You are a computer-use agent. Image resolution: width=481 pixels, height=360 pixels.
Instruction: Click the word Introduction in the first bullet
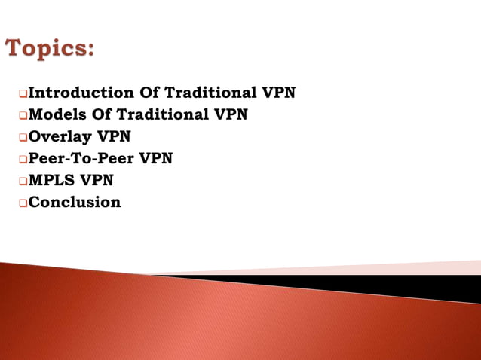click(81, 93)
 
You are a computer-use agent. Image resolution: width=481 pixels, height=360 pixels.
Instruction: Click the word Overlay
click(60, 137)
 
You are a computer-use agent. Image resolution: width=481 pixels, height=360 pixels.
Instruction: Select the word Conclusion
click(74, 202)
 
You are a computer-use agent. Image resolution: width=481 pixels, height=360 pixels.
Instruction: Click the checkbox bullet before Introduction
click(23, 94)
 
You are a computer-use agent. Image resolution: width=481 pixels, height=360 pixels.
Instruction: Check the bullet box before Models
click(23, 116)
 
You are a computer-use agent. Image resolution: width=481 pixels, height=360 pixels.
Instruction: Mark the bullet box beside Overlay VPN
click(23, 138)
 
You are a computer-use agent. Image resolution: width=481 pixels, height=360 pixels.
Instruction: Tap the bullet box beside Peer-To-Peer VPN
click(23, 160)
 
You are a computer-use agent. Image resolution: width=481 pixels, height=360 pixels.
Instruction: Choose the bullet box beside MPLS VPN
click(23, 182)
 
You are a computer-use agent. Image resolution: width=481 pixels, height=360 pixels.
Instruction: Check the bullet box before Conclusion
click(23, 203)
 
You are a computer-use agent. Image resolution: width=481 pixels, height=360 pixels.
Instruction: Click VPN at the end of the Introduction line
click(278, 93)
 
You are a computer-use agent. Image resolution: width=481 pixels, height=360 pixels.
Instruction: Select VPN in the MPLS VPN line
click(98, 181)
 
